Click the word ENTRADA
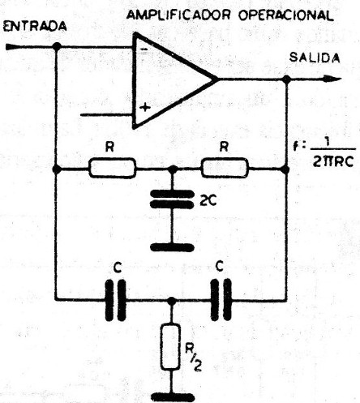(x=35, y=27)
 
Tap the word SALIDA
(x=315, y=58)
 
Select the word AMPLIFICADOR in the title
(x=178, y=15)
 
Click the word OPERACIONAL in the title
(x=285, y=15)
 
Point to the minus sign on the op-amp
(x=144, y=49)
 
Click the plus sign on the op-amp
(x=145, y=107)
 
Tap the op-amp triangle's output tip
(x=217, y=79)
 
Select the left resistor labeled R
(x=112, y=168)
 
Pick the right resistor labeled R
(x=225, y=168)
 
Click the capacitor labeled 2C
(x=172, y=199)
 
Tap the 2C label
(x=208, y=200)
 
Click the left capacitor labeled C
(x=115, y=300)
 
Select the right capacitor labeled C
(x=221, y=300)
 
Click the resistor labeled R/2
(x=170, y=346)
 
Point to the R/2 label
(x=193, y=358)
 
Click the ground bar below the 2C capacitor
(x=172, y=247)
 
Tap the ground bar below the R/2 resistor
(x=173, y=397)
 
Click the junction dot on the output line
(x=286, y=79)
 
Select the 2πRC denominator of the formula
(x=333, y=161)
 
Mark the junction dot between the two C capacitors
(x=171, y=300)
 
